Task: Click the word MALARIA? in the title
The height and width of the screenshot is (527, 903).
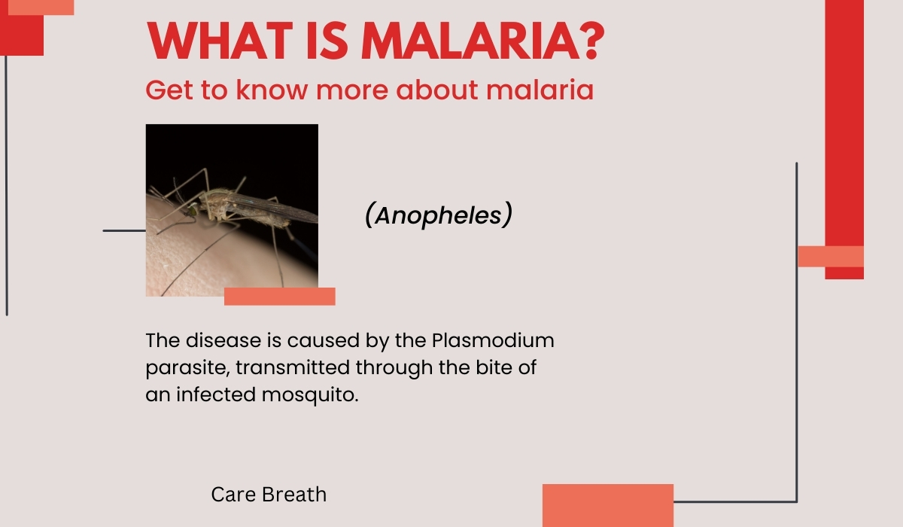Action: [x=482, y=41]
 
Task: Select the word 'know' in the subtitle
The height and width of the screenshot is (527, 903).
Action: [x=272, y=90]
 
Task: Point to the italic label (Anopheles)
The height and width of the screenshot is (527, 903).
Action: [x=439, y=215]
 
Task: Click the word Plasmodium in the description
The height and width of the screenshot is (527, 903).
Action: [x=493, y=340]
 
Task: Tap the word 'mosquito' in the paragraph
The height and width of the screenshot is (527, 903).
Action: [x=309, y=395]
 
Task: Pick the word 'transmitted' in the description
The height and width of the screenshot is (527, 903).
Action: [x=292, y=367]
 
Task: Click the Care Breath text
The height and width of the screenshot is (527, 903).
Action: [x=269, y=495]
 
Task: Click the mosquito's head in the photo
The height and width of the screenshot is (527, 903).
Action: [x=193, y=210]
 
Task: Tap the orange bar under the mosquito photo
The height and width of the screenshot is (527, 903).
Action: [x=280, y=297]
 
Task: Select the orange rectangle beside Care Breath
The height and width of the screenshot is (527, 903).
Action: [x=608, y=506]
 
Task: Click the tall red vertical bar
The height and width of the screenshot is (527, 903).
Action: [x=844, y=121]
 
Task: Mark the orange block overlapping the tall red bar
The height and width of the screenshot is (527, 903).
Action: [x=831, y=257]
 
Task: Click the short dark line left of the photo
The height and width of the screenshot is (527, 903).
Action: [x=124, y=230]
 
